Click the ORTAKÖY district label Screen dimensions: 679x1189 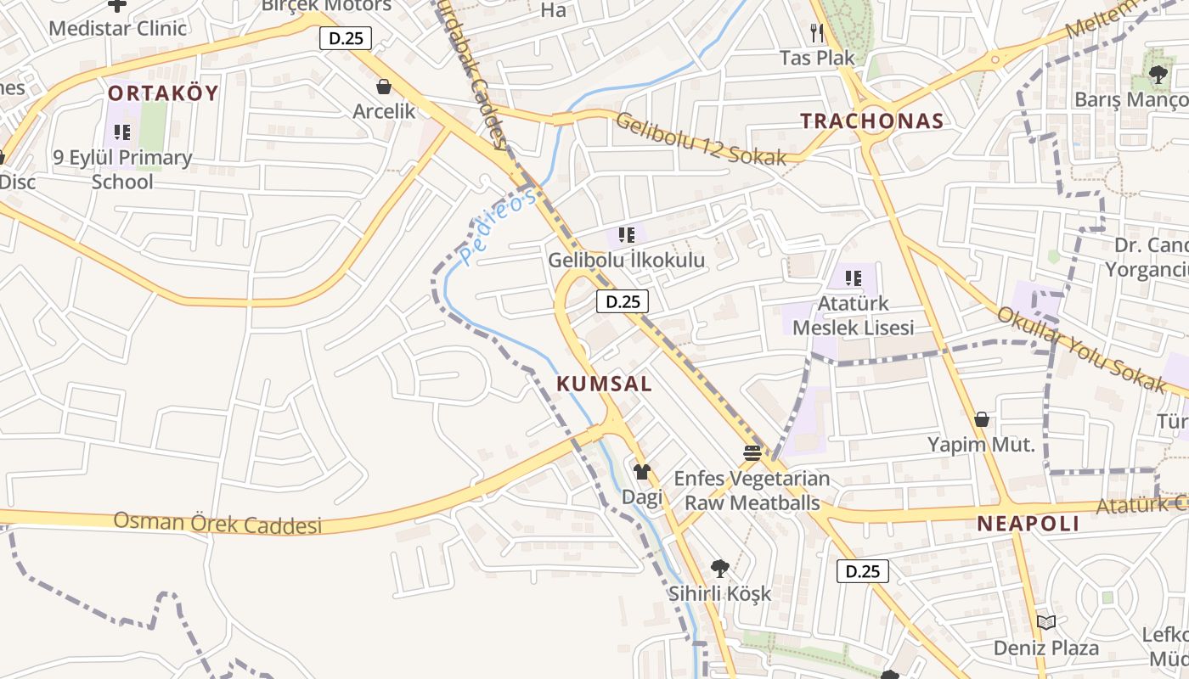[x=163, y=93]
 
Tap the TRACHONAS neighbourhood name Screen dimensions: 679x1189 [x=872, y=121]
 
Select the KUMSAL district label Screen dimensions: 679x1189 [x=604, y=384]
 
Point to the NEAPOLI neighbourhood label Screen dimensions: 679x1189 [x=1028, y=524]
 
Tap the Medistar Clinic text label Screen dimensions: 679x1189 [x=117, y=28]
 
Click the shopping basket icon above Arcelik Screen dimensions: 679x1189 [x=384, y=87]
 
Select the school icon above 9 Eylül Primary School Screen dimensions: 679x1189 [x=122, y=132]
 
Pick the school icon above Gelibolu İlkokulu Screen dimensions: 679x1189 [x=627, y=235]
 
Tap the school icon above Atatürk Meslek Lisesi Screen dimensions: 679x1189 [x=854, y=278]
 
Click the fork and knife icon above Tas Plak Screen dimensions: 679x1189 [x=817, y=33]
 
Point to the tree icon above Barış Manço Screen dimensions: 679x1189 [x=1158, y=75]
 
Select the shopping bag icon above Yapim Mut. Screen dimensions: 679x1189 [x=982, y=419]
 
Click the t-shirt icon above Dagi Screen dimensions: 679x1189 [x=641, y=472]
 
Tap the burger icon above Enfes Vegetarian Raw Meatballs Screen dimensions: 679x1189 [x=752, y=452]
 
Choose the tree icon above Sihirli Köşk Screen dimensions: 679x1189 [x=719, y=568]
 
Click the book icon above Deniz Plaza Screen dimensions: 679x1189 [x=1046, y=623]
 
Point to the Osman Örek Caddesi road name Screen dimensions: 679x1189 [x=217, y=522]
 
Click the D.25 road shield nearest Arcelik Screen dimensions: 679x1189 [x=346, y=38]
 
